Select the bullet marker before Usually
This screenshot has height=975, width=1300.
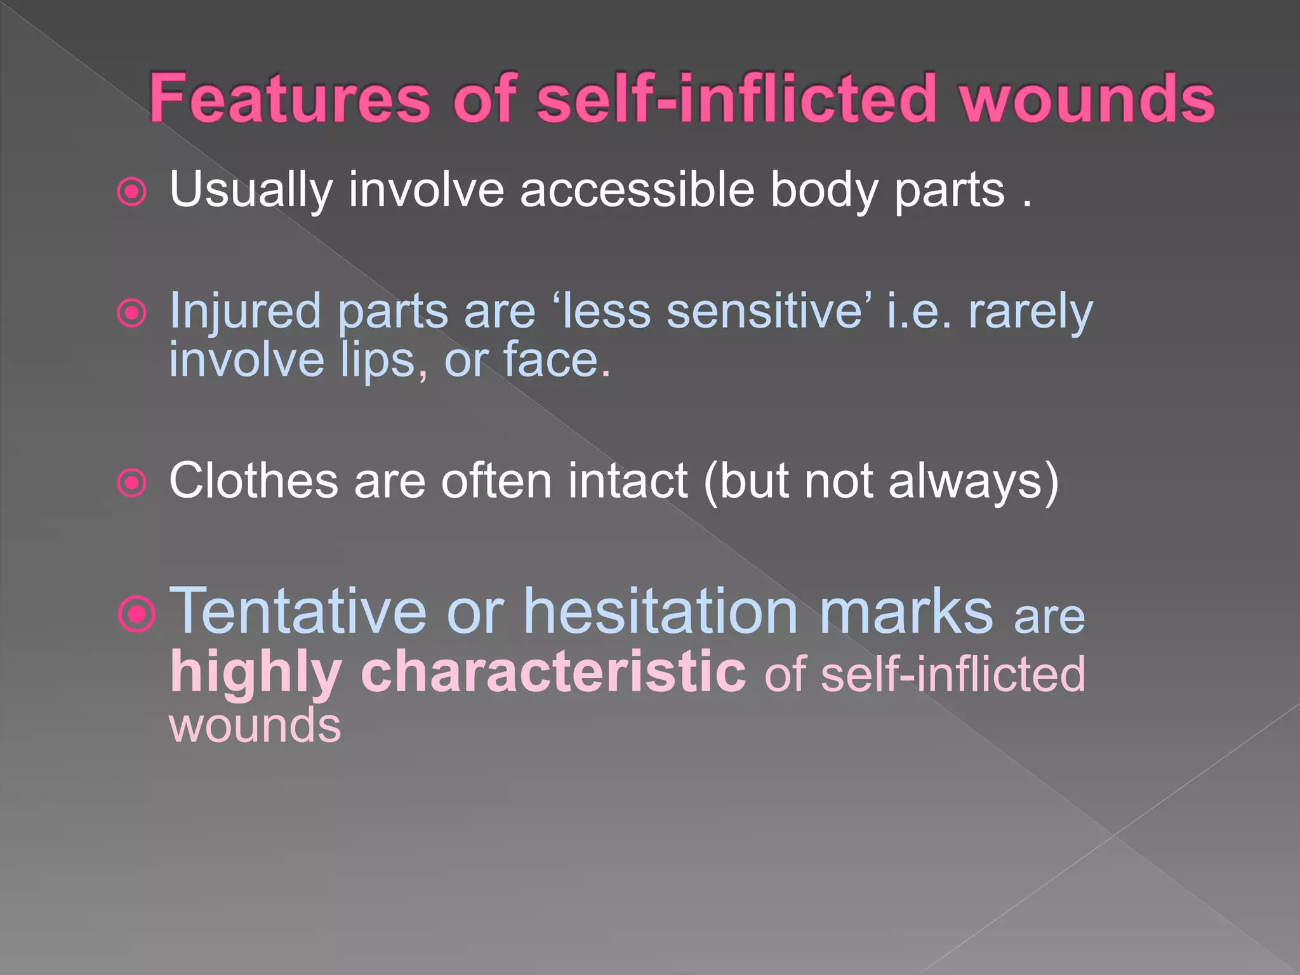click(x=133, y=192)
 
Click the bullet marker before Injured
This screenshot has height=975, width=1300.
click(x=133, y=313)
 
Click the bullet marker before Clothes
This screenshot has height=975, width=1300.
click(x=133, y=483)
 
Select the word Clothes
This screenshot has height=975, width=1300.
click(x=253, y=481)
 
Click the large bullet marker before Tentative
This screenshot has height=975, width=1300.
click(x=136, y=614)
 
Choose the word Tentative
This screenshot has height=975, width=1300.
click(x=298, y=611)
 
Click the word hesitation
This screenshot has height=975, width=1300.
click(x=661, y=611)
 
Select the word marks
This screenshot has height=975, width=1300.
click(x=906, y=612)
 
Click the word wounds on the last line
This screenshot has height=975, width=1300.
click(x=255, y=726)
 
